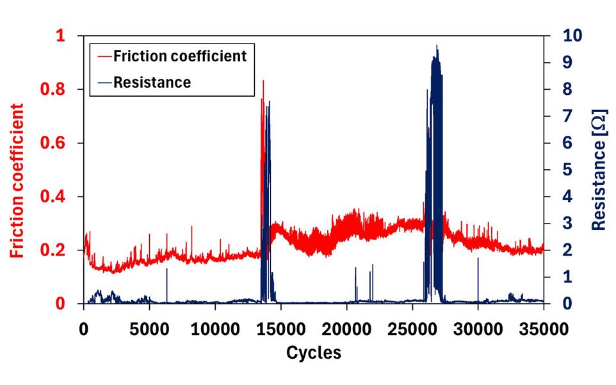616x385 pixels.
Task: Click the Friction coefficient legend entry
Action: point(179,56)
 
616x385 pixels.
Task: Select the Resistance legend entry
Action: point(152,82)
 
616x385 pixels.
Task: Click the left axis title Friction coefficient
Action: point(17,181)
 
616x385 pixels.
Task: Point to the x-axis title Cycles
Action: point(313,352)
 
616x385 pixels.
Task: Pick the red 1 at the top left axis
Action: point(61,37)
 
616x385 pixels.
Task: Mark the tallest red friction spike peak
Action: point(263,81)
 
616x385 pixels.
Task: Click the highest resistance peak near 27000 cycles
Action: point(437,46)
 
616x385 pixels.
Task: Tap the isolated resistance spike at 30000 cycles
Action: point(478,259)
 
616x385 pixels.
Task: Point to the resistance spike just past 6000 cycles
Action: point(167,269)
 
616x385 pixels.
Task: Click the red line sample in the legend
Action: point(105,56)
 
